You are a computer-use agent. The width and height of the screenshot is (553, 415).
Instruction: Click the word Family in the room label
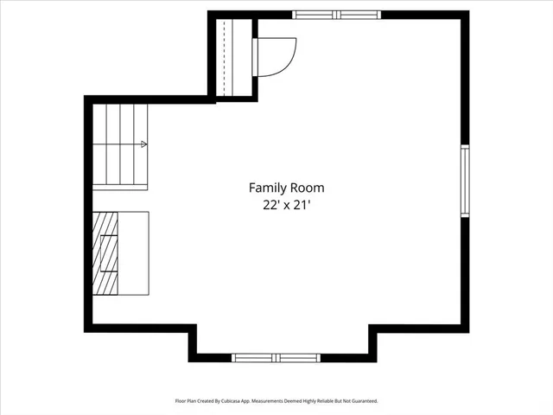point(268,188)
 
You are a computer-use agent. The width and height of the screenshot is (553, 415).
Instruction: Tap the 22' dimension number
point(262,205)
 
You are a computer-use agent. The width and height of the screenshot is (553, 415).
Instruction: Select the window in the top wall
point(336,15)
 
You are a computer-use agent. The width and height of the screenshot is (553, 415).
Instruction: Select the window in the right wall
point(464,180)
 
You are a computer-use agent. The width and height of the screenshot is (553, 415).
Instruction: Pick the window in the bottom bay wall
point(276,356)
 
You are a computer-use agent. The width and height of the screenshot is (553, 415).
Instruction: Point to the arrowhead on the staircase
point(143,144)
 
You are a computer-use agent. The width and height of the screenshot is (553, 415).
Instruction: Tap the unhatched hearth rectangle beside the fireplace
point(133,253)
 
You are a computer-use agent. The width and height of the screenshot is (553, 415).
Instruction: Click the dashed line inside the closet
point(224,57)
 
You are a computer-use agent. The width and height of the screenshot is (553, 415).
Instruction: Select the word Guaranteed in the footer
point(362,401)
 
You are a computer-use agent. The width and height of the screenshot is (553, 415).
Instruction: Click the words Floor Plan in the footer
point(187,401)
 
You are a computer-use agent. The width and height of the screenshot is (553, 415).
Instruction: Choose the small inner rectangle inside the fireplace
point(110,253)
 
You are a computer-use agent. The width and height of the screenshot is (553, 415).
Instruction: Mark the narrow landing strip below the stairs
point(120,185)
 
